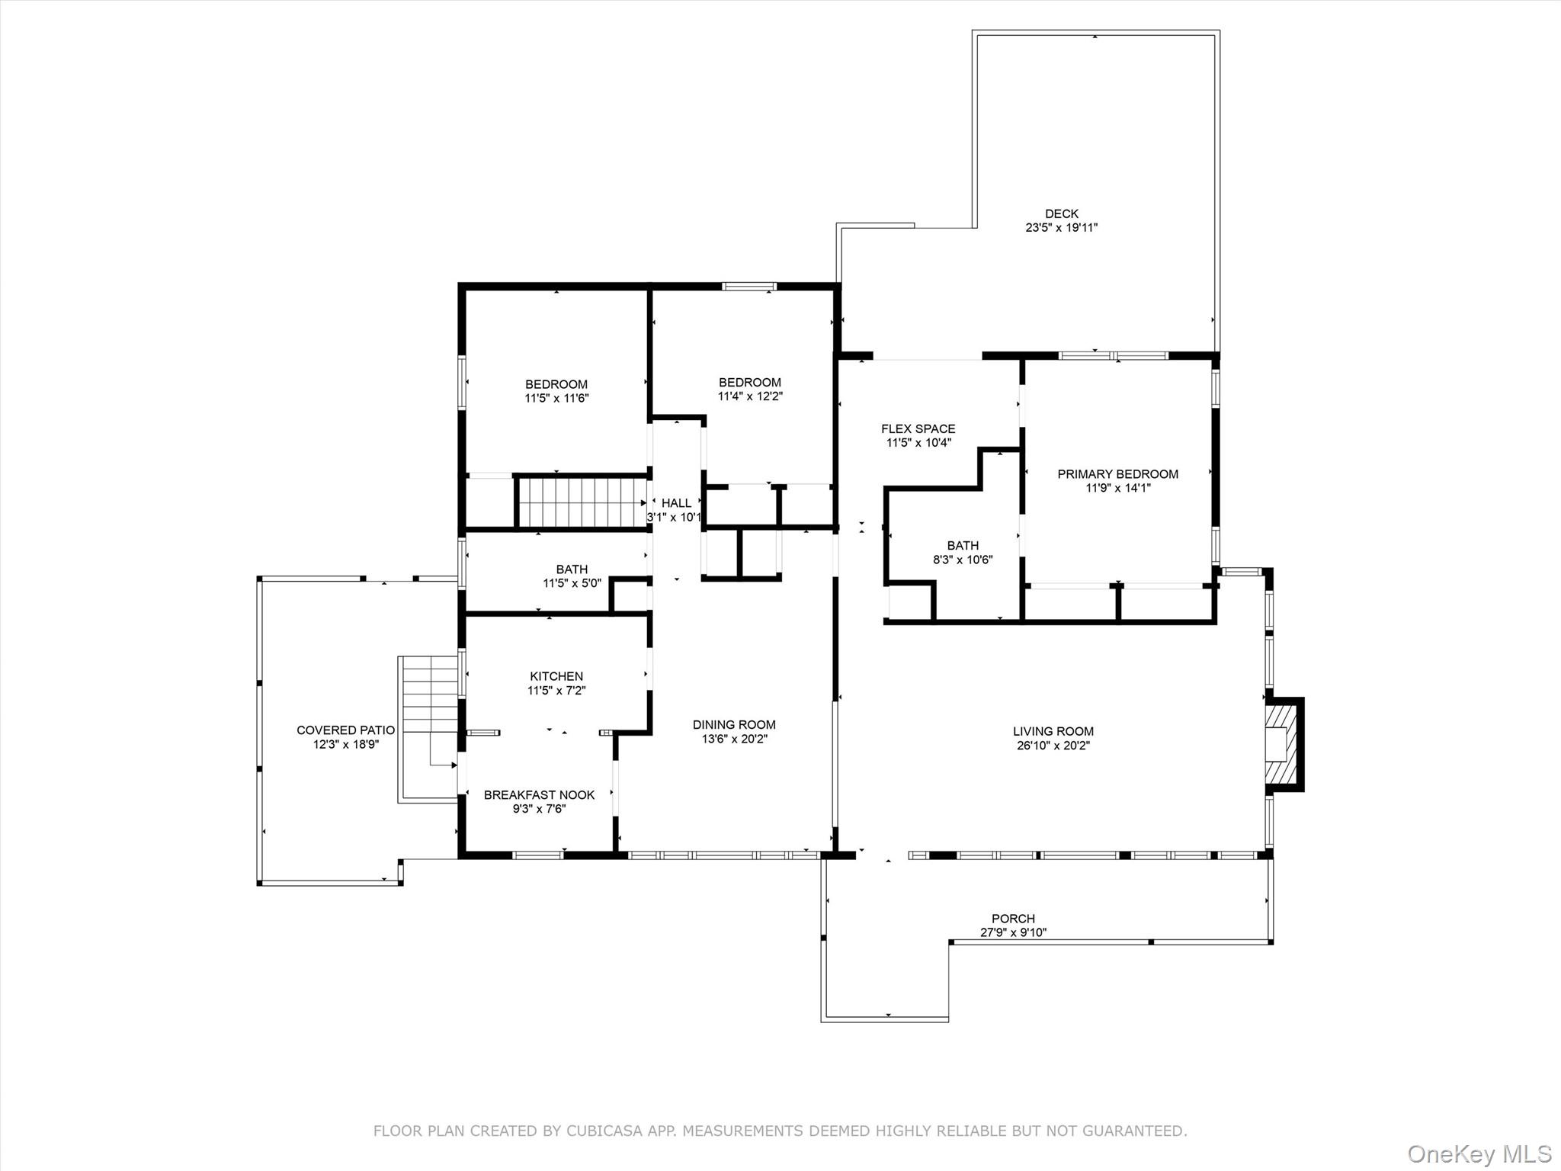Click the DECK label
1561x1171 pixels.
(x=1061, y=213)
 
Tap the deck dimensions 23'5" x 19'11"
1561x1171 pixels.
(x=1061, y=227)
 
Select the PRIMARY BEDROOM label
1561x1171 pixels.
(x=1117, y=474)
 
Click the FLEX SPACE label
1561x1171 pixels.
(x=918, y=428)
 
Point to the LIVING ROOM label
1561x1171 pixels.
(x=1053, y=731)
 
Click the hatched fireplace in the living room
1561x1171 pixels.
(x=1281, y=744)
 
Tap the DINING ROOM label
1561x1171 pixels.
(x=734, y=724)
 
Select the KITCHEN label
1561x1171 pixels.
(x=556, y=676)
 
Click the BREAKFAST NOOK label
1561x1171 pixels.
(x=539, y=795)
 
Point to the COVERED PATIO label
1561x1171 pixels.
(x=345, y=730)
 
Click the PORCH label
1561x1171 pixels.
(x=1013, y=919)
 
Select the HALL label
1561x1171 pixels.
(x=676, y=503)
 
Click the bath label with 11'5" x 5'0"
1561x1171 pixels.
(x=572, y=569)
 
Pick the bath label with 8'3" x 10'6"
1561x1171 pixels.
(x=963, y=546)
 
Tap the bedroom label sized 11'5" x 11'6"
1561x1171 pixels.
(x=556, y=384)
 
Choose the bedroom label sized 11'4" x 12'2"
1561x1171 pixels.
(x=749, y=383)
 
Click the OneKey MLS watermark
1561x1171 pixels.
(x=1479, y=1153)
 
